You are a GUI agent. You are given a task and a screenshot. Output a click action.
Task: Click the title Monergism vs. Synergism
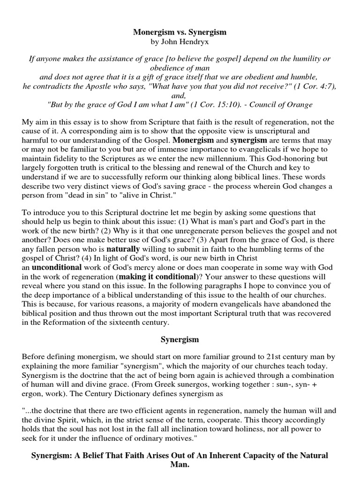[x=180, y=32]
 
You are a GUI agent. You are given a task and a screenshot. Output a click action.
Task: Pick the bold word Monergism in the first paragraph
[x=194, y=140]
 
